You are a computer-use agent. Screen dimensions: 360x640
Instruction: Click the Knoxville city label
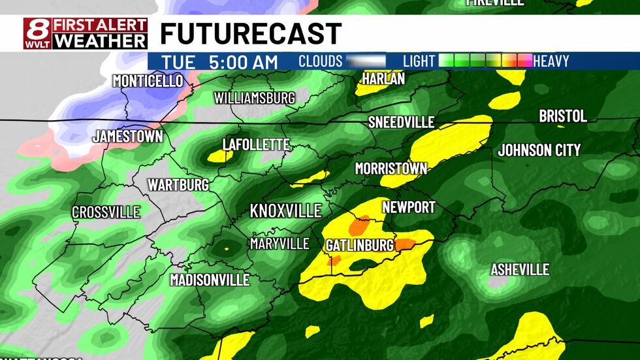tap(286, 210)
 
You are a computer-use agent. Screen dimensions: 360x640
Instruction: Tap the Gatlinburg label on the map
tap(359, 245)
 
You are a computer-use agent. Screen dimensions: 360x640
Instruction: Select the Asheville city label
tap(520, 269)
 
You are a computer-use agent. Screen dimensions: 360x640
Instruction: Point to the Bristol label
tap(562, 116)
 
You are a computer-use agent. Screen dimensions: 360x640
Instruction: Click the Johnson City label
tap(539, 150)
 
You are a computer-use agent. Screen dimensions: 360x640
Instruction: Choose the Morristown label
tap(391, 169)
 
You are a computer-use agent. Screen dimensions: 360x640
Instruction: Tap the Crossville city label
tap(106, 212)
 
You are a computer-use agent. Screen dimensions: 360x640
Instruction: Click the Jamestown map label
tap(127, 137)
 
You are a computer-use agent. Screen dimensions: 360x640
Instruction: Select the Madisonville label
tap(210, 280)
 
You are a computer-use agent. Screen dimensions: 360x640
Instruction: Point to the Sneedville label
tap(401, 122)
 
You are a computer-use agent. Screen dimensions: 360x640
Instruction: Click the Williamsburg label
tap(255, 98)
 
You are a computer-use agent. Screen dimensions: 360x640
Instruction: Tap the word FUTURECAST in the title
tap(251, 33)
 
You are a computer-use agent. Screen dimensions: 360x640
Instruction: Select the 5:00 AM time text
tap(244, 62)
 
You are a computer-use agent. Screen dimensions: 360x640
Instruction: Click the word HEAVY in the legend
tap(551, 61)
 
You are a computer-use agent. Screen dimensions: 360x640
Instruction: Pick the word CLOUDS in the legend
tap(320, 61)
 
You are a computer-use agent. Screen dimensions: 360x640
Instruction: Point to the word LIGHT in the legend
tap(419, 61)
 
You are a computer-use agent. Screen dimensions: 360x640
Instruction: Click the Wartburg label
tap(178, 184)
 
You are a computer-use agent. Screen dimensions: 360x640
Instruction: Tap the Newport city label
tap(409, 207)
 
